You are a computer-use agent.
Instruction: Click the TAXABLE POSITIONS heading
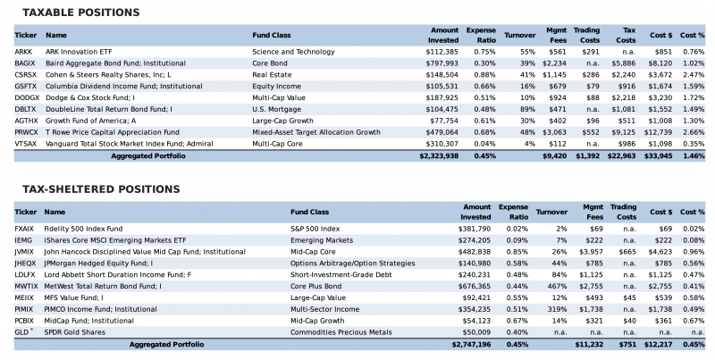[x=80, y=13]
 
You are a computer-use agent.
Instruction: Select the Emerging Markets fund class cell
[x=321, y=240]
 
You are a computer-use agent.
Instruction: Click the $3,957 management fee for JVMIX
[x=584, y=252]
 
